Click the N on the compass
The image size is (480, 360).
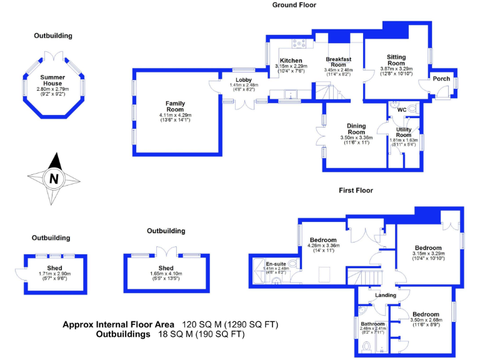(54, 179)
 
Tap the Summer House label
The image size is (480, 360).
(52, 80)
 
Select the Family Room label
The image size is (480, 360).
(175, 107)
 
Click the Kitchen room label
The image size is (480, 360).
(291, 61)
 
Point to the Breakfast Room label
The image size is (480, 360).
(338, 62)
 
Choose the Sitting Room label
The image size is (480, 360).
(396, 60)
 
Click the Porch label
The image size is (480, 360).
(441, 79)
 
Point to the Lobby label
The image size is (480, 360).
(243, 80)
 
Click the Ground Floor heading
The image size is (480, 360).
(294, 5)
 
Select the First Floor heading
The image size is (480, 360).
(356, 190)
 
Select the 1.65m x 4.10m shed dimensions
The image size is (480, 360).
(166, 274)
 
